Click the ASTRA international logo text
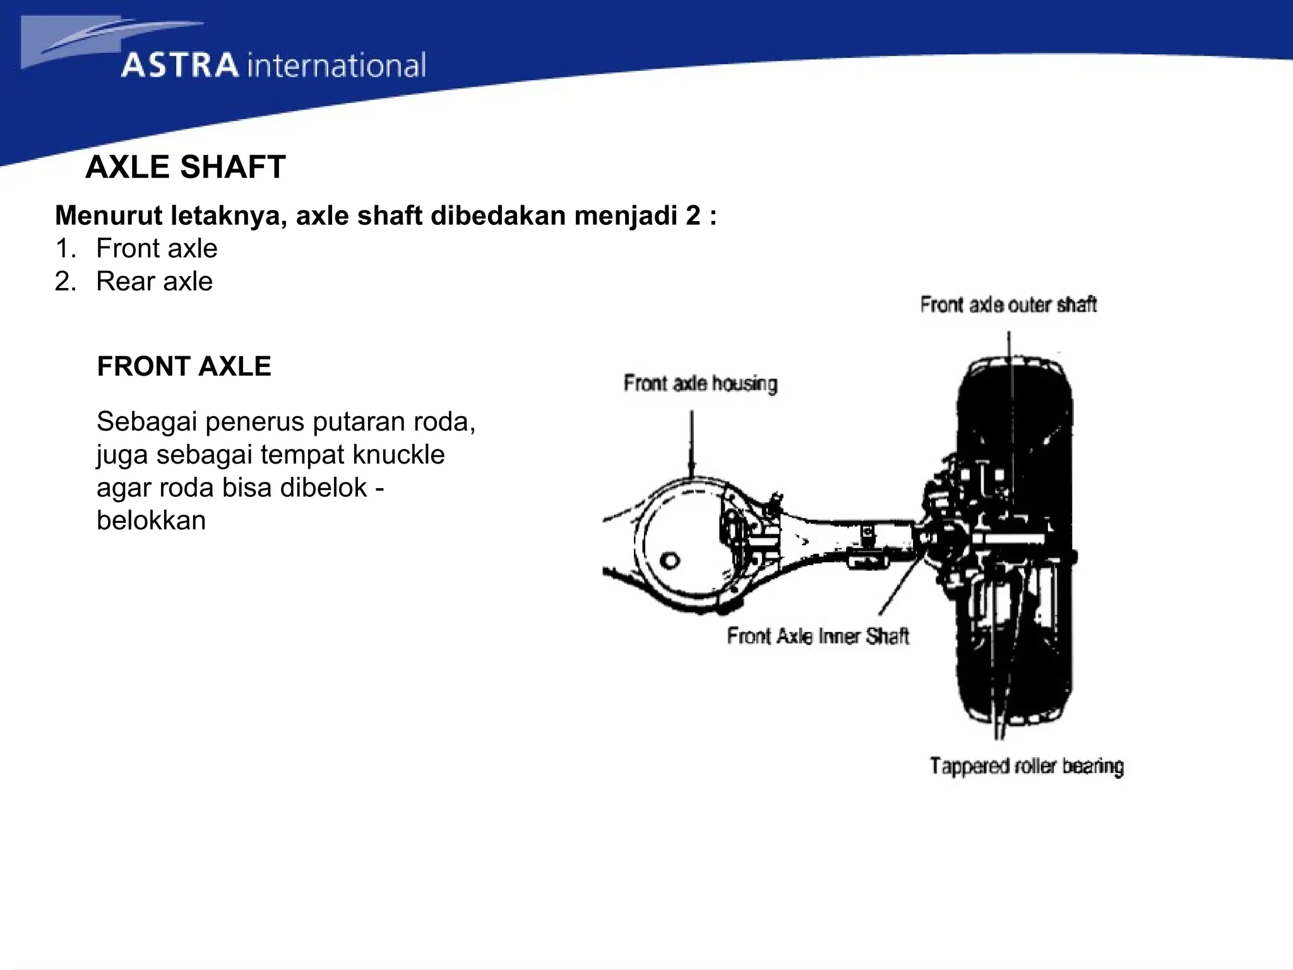(x=273, y=66)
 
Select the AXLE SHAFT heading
(x=185, y=167)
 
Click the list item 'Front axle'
(x=157, y=248)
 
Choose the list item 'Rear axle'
(x=154, y=281)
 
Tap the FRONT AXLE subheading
(x=184, y=366)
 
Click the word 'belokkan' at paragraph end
(x=151, y=520)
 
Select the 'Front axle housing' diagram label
(x=700, y=383)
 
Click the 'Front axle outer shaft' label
(x=1008, y=305)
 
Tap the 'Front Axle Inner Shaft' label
(x=818, y=635)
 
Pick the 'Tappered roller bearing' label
(x=1027, y=766)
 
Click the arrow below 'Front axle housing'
(x=692, y=442)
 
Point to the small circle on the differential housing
(x=670, y=560)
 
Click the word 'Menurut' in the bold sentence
(x=108, y=216)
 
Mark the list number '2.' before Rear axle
(x=65, y=281)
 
